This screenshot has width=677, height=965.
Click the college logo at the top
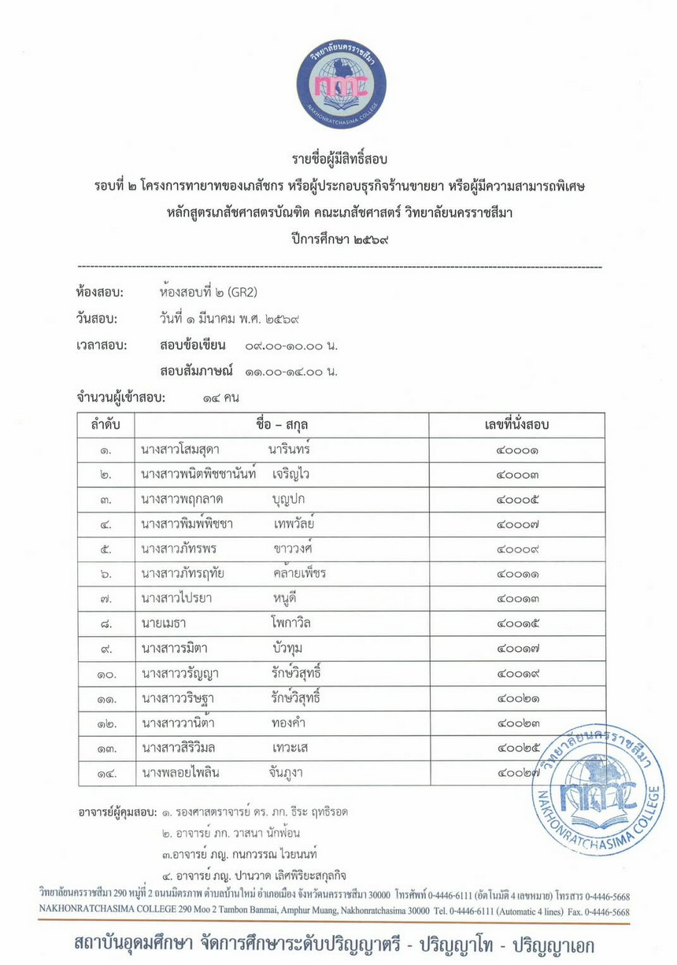pos(341,83)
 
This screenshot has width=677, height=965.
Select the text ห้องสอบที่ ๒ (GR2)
pos(208,294)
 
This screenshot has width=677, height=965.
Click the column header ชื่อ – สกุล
pos(282,425)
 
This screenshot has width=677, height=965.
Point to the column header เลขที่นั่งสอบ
pos(516,425)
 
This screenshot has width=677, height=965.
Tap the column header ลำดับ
pos(105,425)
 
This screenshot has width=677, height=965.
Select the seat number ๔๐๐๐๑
pos(516,450)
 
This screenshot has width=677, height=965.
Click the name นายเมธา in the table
pos(164,623)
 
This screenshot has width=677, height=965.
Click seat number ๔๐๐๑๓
pos(516,598)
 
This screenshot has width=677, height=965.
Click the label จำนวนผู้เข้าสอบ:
pos(120,398)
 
